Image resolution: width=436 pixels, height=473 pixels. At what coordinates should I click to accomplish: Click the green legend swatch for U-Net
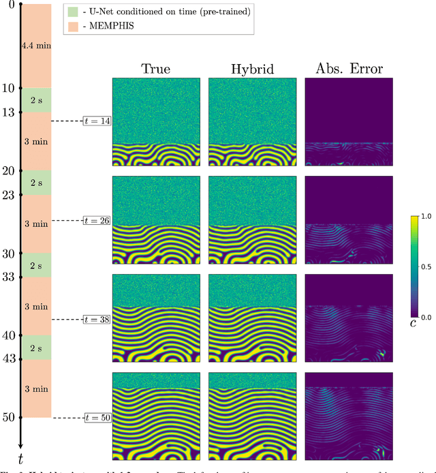click(x=73, y=11)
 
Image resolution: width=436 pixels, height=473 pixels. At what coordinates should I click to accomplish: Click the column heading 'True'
click(x=155, y=68)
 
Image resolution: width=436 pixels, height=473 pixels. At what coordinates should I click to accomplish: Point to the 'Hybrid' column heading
click(x=252, y=68)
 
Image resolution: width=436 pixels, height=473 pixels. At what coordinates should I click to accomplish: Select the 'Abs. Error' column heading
click(x=348, y=68)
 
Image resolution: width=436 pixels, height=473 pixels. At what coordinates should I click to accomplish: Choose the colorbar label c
click(x=414, y=324)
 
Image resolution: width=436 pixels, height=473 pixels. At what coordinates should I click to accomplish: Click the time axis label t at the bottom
click(x=21, y=458)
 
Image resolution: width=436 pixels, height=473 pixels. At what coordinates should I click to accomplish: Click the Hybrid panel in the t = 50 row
click(x=252, y=417)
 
